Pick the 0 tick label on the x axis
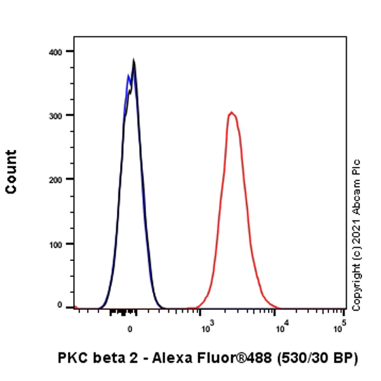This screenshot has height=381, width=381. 130,329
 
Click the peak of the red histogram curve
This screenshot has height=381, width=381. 232,112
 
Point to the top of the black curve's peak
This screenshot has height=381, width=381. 133,60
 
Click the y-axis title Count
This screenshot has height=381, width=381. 11,171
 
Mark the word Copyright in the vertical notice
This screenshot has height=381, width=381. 356,282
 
